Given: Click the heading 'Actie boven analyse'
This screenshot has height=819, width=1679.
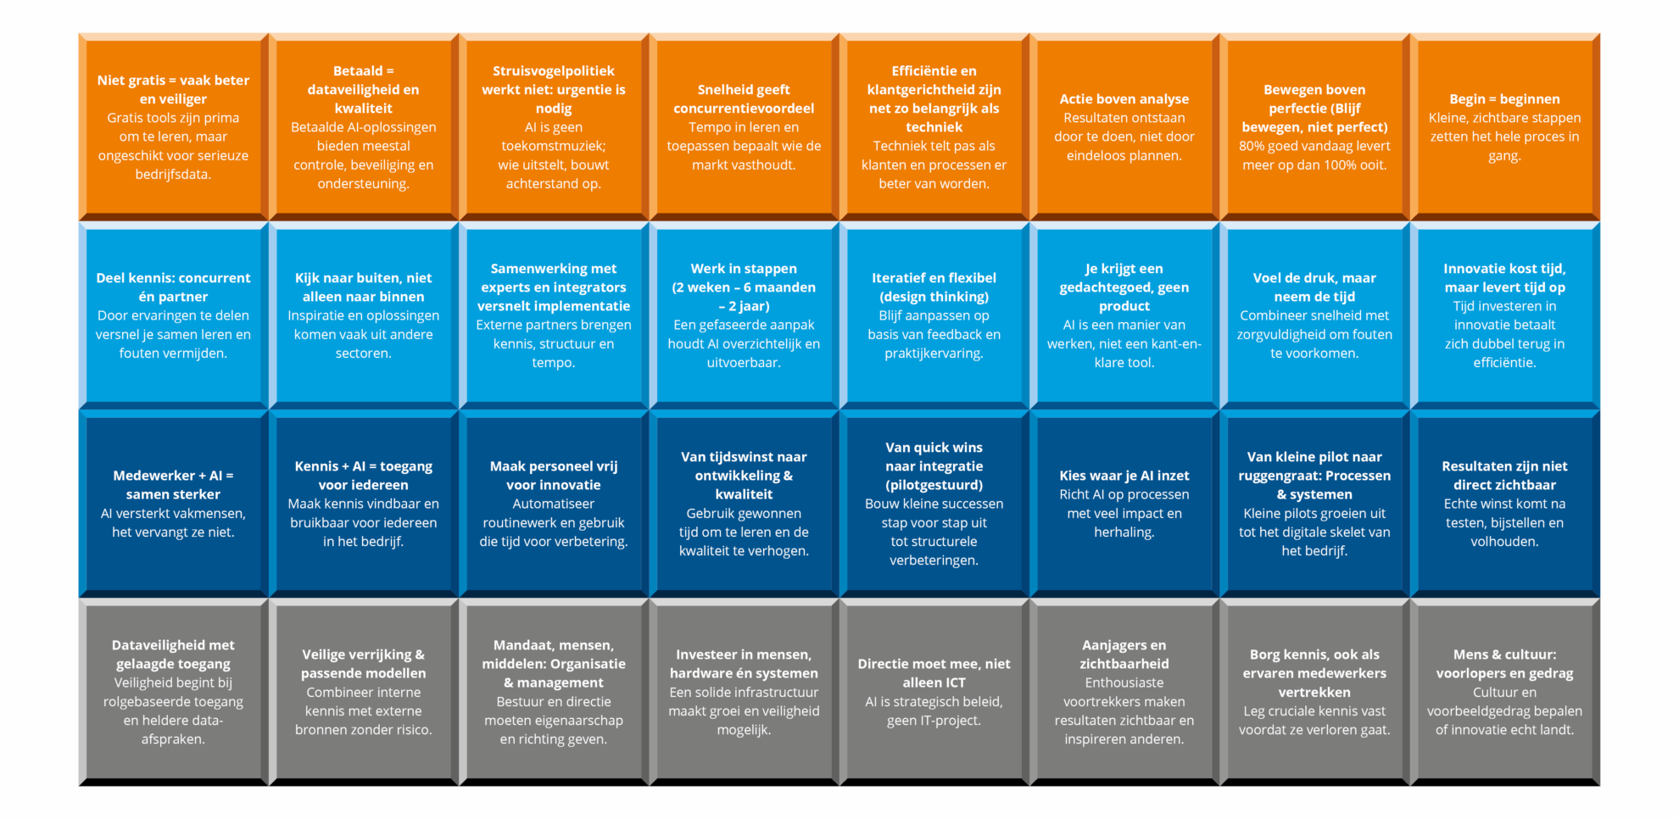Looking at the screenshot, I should [x=1124, y=99].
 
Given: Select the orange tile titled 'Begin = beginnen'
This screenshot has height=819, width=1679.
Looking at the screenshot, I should [x=1504, y=127].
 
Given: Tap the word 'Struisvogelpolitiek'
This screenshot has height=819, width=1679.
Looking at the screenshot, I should [x=553, y=71].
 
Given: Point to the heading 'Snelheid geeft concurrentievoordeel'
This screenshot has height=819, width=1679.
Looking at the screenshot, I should [x=744, y=99].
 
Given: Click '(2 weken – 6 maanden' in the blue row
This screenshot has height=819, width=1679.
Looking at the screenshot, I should [x=744, y=287].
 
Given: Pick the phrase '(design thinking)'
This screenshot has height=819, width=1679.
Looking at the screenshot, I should [x=934, y=297].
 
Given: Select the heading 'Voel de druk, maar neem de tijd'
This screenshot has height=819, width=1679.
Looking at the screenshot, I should [x=1314, y=287].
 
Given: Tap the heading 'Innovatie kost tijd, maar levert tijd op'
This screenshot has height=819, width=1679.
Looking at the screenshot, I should [x=1504, y=278].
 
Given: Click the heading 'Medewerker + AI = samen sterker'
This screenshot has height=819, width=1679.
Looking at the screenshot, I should [x=173, y=485].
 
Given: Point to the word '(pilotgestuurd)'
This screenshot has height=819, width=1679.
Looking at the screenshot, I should [x=934, y=485].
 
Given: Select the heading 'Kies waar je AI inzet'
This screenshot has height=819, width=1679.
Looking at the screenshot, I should [x=1124, y=476].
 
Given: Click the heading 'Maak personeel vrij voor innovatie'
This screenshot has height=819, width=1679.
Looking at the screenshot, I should [x=553, y=476].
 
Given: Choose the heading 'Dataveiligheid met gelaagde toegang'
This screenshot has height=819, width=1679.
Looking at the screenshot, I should [x=173, y=655].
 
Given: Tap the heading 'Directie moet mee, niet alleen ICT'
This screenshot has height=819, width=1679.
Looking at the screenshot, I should [x=934, y=673].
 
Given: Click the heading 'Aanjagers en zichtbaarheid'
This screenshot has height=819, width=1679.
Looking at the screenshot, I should [x=1124, y=655].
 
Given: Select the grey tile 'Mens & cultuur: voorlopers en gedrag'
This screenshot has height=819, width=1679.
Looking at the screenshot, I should [x=1504, y=692].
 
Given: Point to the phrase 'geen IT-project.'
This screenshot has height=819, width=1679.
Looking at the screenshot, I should [x=934, y=721].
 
